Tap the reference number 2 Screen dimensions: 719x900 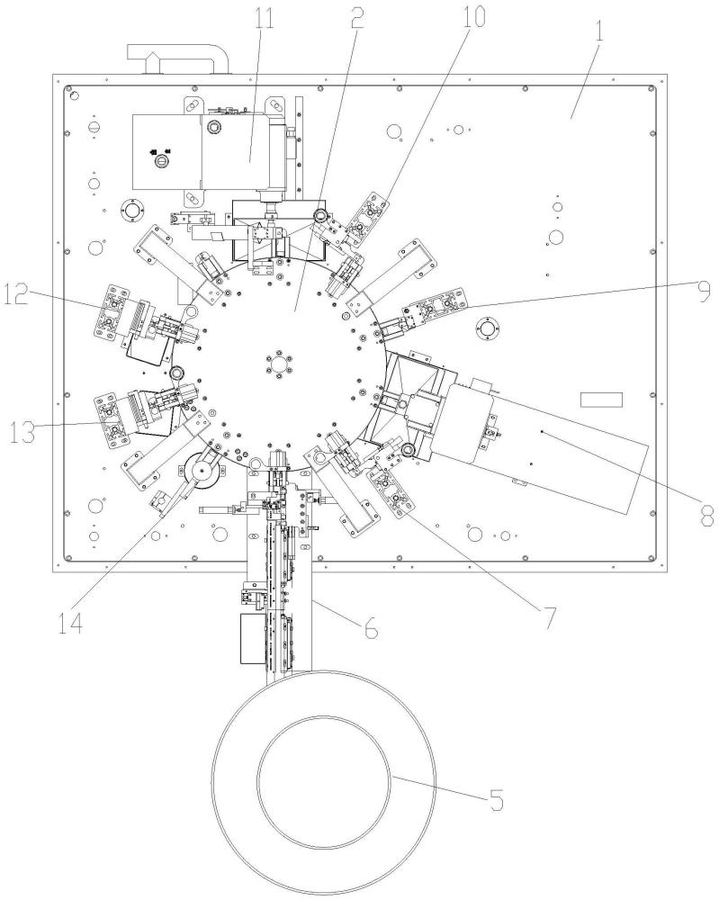(x=356, y=18)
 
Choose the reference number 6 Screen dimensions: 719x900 (x=372, y=626)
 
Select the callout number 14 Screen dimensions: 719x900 (x=70, y=622)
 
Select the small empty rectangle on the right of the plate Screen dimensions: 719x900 (x=601, y=400)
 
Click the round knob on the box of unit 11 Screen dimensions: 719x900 (x=161, y=162)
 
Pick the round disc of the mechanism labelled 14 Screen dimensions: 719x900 (x=202, y=471)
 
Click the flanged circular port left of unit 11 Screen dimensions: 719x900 (x=132, y=210)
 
